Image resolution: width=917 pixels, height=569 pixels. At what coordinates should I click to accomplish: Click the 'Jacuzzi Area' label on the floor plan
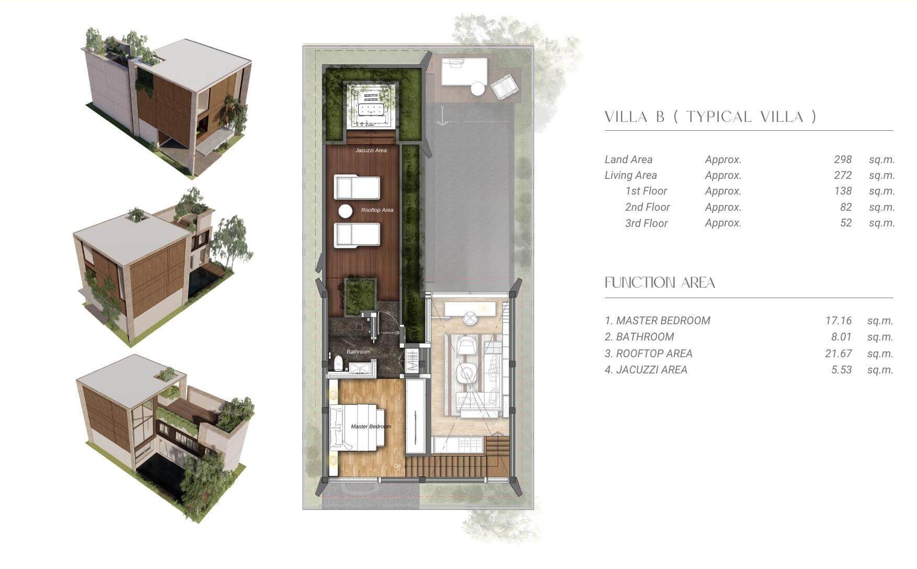[x=371, y=151]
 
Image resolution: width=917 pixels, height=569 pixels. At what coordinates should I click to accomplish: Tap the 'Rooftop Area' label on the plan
[x=377, y=210]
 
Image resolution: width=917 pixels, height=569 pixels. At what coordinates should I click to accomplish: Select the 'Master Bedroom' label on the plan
[x=371, y=427]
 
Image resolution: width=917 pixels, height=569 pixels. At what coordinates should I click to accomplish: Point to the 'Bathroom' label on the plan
[x=358, y=352]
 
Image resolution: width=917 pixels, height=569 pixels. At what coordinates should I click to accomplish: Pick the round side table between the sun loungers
[x=346, y=211]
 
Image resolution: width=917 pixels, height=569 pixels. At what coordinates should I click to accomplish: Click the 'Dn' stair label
[x=397, y=466]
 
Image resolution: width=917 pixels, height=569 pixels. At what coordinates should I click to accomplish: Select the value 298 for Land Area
[x=843, y=160]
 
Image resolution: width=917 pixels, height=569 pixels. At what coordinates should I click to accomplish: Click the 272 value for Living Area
[x=843, y=175]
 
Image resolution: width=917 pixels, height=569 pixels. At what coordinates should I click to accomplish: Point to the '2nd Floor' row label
[x=647, y=207]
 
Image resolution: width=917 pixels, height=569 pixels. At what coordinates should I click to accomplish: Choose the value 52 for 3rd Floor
[x=846, y=223]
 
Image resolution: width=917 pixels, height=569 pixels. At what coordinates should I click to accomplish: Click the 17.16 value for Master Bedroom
[x=839, y=321]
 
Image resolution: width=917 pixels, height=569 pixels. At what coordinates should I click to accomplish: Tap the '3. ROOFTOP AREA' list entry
[x=648, y=354]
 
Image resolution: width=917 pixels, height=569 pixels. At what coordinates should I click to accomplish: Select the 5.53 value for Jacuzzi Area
[x=842, y=370]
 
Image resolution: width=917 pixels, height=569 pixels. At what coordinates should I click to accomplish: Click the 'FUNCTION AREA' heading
[x=660, y=283]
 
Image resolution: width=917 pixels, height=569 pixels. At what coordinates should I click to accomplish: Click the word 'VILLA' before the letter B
[x=627, y=117]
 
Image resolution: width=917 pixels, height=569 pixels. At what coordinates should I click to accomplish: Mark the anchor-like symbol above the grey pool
[x=443, y=116]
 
